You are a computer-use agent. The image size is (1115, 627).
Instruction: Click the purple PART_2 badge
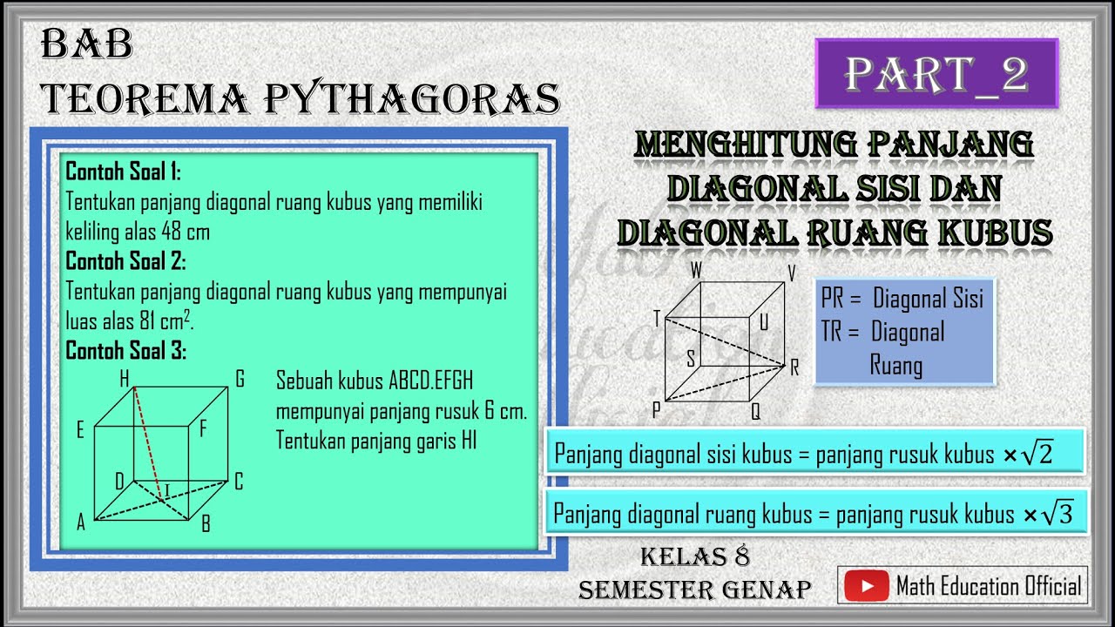click(936, 74)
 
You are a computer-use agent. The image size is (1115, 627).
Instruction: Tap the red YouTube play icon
click(867, 586)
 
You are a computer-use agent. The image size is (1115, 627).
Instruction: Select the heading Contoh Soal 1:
click(123, 172)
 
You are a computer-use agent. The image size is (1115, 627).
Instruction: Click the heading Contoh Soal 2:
click(125, 260)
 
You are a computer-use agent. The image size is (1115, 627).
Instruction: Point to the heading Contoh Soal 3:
click(125, 351)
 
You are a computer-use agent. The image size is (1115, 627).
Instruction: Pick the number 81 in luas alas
click(150, 321)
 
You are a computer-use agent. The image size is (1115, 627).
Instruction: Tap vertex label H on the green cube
click(125, 379)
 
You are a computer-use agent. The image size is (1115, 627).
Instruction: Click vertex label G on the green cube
click(239, 379)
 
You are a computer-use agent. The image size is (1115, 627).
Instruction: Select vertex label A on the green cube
click(81, 522)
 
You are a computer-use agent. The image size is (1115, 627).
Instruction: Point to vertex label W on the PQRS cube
click(696, 271)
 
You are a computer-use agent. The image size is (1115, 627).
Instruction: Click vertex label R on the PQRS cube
click(794, 368)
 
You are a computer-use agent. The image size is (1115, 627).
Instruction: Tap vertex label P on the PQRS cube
click(655, 408)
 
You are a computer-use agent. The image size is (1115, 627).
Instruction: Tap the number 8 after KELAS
click(741, 556)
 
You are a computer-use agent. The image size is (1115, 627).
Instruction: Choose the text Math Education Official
click(989, 586)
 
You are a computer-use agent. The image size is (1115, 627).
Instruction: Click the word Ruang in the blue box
click(895, 365)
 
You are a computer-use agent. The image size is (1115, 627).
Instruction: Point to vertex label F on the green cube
click(203, 428)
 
